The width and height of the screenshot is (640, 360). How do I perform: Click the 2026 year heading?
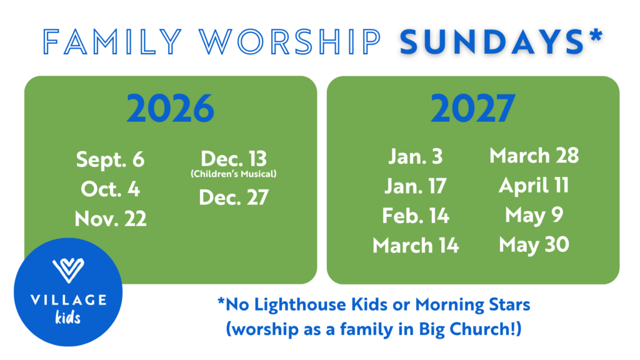pos(170,109)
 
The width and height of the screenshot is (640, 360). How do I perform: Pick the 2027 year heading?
pos(472,109)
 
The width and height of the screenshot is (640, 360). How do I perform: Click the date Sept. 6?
pos(110,159)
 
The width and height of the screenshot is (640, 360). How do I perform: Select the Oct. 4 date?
pos(110,189)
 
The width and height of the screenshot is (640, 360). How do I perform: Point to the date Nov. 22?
pos(110,219)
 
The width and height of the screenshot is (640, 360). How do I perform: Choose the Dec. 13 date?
pos(234,158)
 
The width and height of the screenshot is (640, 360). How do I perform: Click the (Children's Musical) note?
pos(234,174)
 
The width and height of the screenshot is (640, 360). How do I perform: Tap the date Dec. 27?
pos(234,197)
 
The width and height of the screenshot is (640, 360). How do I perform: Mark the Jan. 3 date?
pos(416,156)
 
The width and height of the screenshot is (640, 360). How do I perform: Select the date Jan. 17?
pos(416,186)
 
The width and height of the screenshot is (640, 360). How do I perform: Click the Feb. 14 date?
pos(416,216)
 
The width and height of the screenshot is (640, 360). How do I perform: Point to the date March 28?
pos(534,156)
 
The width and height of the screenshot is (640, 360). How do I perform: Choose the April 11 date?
pos(534,186)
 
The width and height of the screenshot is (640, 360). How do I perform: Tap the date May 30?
pos(534,245)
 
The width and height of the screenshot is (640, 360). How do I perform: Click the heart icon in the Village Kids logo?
pos(68,270)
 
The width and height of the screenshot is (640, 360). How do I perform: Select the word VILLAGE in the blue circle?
pos(68,301)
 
